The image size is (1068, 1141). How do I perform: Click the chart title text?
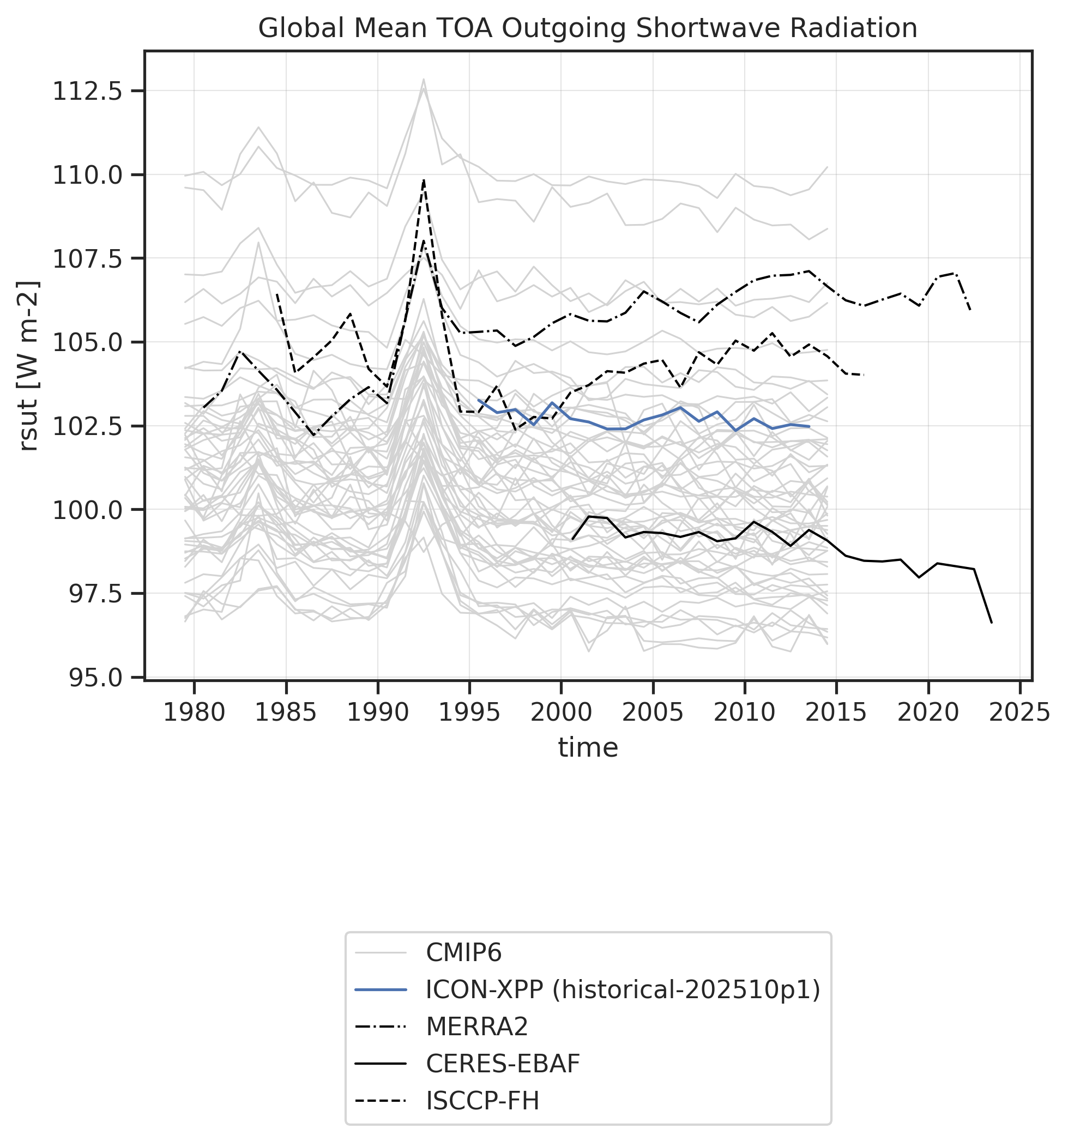click(587, 29)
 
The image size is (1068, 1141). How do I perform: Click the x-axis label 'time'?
click(588, 748)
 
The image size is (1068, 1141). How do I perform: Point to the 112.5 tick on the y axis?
click(87, 91)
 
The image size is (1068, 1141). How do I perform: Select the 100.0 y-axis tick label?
click(87, 510)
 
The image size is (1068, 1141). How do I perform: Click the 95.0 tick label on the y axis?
click(87, 677)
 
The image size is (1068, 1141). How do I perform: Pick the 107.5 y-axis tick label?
click(87, 259)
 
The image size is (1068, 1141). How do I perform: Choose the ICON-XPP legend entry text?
click(623, 990)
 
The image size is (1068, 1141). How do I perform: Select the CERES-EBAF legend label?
click(503, 1064)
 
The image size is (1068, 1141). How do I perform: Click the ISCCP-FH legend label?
click(482, 1101)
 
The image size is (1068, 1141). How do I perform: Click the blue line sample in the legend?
click(381, 990)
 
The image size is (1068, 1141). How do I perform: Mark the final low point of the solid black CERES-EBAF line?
click(992, 622)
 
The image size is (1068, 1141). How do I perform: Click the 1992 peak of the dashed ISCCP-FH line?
click(424, 180)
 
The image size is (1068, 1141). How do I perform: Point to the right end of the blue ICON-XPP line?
click(809, 426)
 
